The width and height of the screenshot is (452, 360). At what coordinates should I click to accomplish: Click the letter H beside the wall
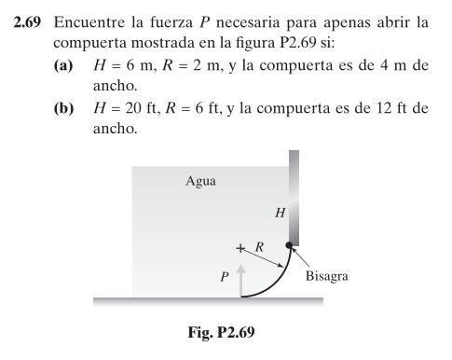(x=279, y=213)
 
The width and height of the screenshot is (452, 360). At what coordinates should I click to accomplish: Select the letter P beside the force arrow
(x=224, y=277)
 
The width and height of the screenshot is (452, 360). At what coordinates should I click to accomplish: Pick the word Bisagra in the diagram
(x=327, y=277)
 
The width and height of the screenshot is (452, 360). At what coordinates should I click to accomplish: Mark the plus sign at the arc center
(x=240, y=248)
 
